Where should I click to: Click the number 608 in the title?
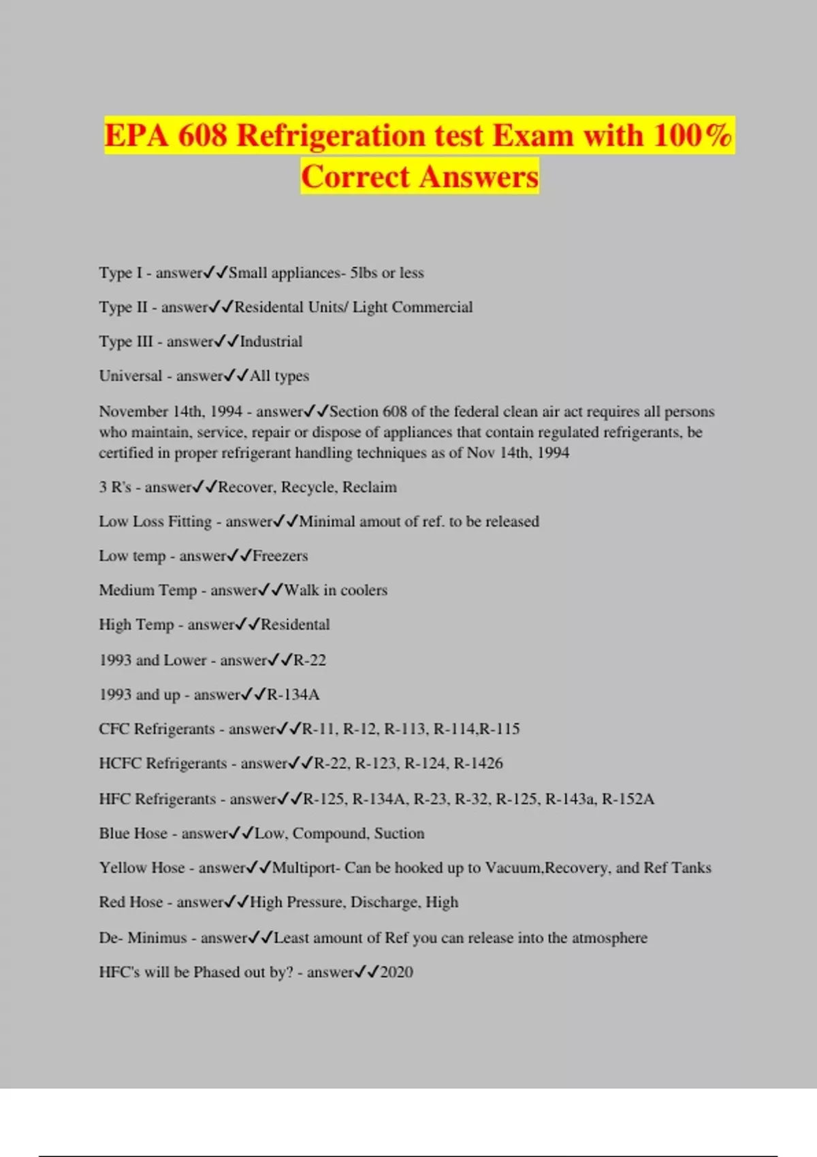click(x=202, y=135)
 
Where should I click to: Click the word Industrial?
click(x=271, y=342)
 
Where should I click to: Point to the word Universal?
click(x=131, y=376)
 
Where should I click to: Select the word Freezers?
click(x=280, y=556)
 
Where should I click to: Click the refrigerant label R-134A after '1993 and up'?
click(x=293, y=695)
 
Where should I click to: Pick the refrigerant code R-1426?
click(x=478, y=764)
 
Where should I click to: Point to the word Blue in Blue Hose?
click(x=113, y=834)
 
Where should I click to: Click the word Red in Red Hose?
click(x=112, y=902)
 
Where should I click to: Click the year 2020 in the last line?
click(x=396, y=973)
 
